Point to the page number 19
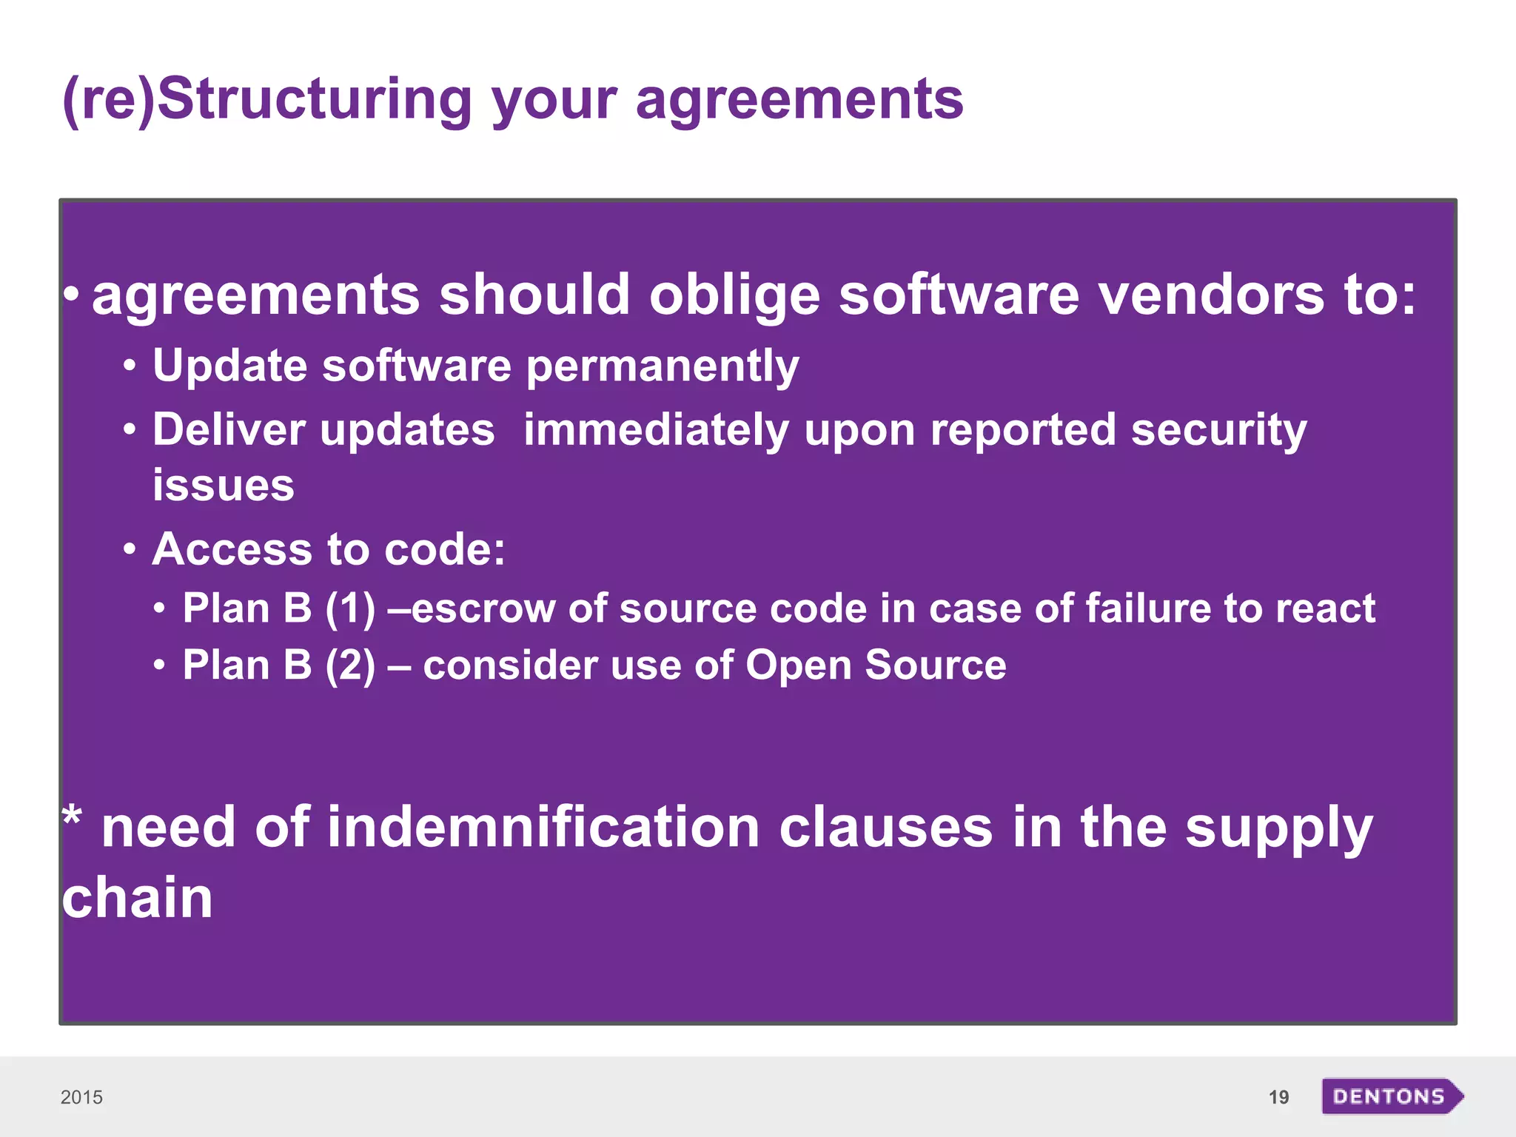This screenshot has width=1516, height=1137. click(1278, 1097)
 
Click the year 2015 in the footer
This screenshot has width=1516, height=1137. click(81, 1097)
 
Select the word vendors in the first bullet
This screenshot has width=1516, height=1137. click(1211, 295)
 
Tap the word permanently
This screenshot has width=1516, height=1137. click(663, 367)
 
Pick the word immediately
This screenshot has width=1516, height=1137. click(656, 431)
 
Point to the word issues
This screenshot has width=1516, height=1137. click(223, 486)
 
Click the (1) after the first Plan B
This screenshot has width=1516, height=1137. click(350, 609)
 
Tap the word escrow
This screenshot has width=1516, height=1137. click(483, 609)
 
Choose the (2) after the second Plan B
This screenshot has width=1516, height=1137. click(350, 665)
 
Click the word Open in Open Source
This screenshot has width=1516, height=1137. click(798, 665)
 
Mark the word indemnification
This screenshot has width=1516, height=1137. click(543, 827)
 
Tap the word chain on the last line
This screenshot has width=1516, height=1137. click(137, 898)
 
